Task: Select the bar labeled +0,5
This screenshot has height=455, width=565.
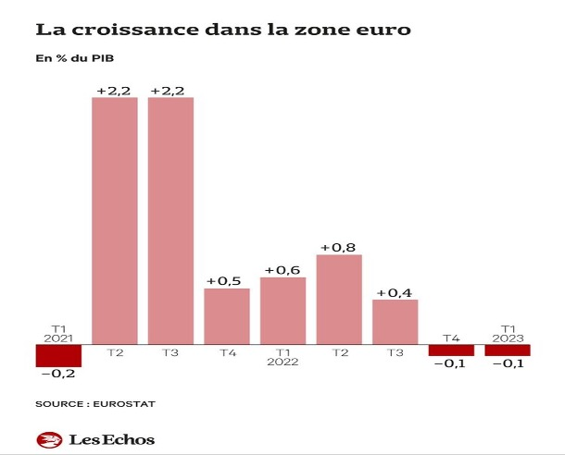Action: tap(227, 316)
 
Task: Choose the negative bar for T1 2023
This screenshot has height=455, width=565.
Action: tap(508, 350)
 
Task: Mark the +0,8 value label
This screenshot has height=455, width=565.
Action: tap(339, 247)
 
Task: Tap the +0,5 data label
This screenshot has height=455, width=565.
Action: tap(227, 280)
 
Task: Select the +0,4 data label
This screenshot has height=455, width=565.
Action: tap(395, 292)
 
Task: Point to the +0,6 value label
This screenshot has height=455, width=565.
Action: tap(283, 269)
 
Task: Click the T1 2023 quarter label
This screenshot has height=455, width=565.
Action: tap(508, 332)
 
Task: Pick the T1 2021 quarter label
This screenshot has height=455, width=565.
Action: tap(58, 332)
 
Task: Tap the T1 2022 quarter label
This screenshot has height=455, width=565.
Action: tap(283, 358)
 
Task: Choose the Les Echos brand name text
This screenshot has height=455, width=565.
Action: tap(112, 439)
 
